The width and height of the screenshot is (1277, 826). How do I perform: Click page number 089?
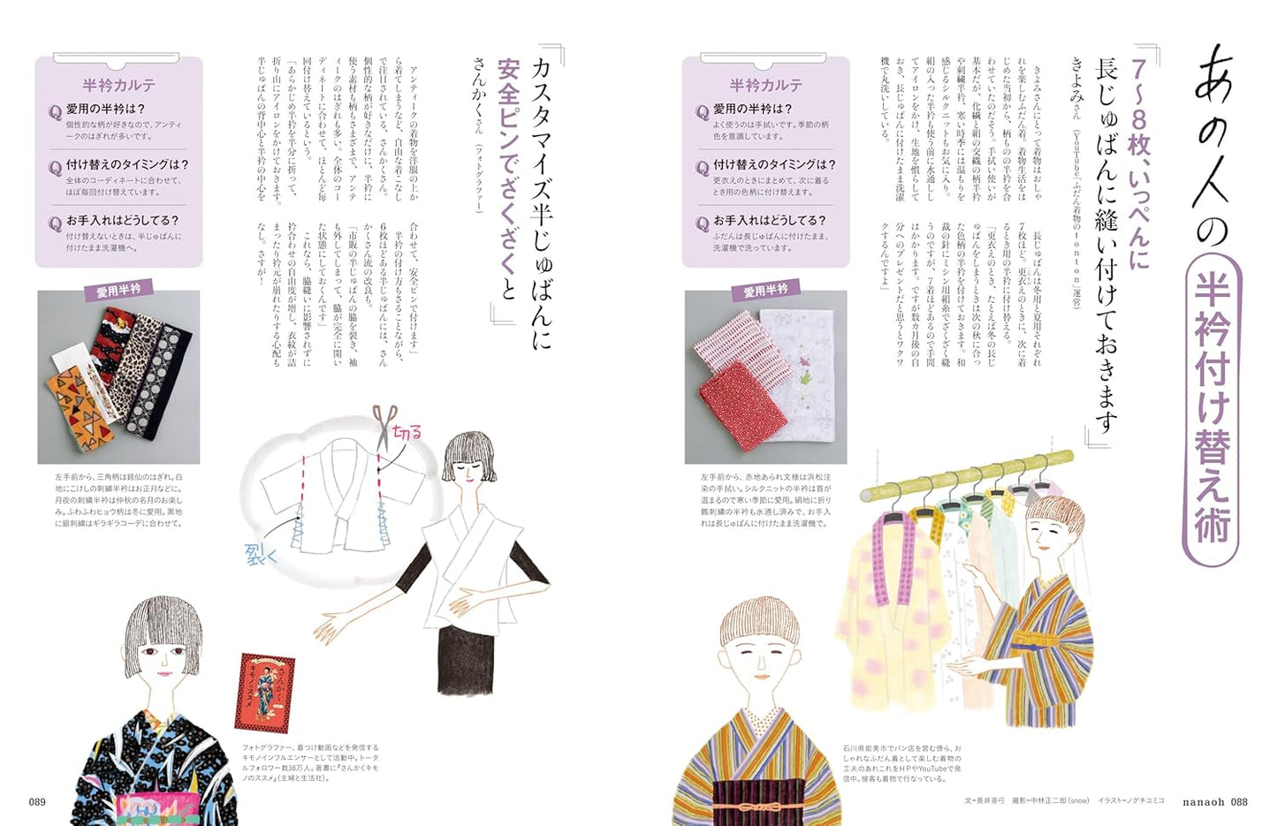(37, 802)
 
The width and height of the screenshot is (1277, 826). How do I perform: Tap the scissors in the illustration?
(384, 428)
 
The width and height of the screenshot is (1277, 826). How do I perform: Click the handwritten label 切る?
(407, 433)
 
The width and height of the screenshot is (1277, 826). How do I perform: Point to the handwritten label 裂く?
(261, 554)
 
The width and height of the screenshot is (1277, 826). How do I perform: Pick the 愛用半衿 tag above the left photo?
(118, 291)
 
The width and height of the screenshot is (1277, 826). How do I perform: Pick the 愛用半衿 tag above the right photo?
(765, 291)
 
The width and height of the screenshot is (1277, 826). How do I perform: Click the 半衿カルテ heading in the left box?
(119, 86)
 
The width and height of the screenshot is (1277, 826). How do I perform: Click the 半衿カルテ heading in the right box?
(766, 86)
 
